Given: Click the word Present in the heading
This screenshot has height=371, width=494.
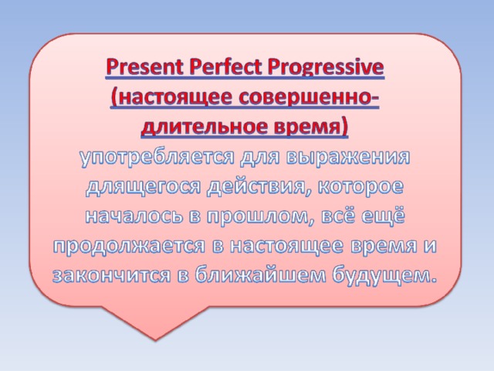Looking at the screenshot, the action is tap(144, 67).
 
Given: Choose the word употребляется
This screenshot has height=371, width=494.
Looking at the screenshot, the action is tap(157, 158).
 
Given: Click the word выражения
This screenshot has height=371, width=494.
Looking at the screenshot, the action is tap(348, 157).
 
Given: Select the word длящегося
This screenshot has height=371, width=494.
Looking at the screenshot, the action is tap(143, 187).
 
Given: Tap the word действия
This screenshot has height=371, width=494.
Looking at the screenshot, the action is tap(259, 187).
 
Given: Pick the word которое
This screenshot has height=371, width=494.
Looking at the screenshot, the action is tap(360, 187).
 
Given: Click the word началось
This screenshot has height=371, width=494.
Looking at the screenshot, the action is tap(134, 216).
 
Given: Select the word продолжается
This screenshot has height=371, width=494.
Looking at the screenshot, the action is tap(129, 247).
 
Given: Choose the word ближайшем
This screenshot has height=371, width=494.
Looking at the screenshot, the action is tap(260, 275).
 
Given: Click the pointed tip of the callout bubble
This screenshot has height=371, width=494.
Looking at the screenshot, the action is tap(155, 340).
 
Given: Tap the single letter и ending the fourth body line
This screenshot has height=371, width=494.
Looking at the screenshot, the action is tap(429, 247).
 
